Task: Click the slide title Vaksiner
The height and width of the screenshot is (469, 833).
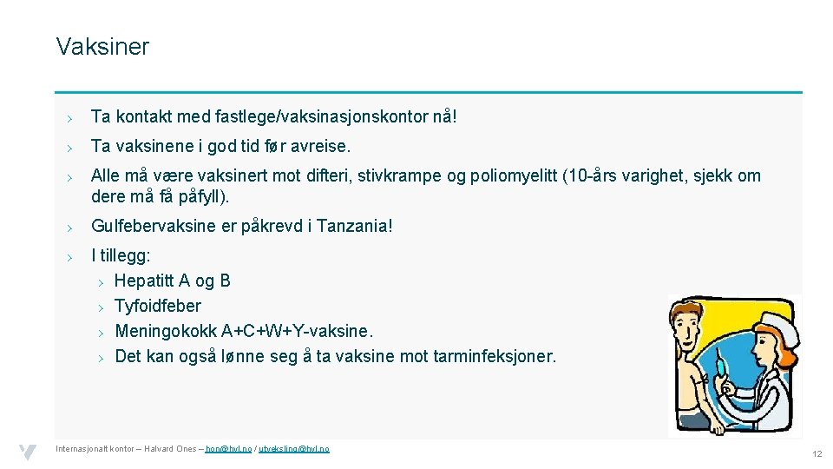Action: click(x=102, y=47)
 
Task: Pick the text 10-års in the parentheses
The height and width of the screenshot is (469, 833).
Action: click(x=594, y=175)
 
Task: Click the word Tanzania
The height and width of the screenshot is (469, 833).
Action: click(x=351, y=227)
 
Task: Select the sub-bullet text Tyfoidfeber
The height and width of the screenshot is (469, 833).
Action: click(x=158, y=306)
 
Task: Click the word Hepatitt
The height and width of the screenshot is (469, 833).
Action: click(x=144, y=281)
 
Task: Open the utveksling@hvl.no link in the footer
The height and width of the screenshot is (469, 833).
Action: click(x=294, y=449)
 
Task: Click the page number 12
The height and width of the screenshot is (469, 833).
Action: click(x=817, y=454)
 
